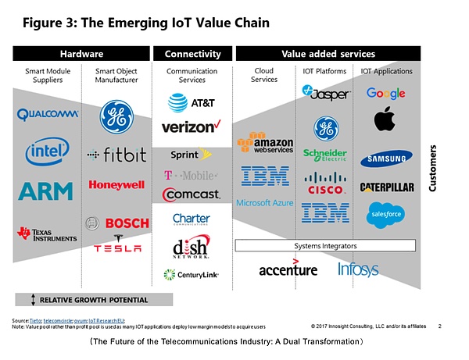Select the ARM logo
tap(46, 190)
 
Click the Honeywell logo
tap(116, 185)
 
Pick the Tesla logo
tap(117, 247)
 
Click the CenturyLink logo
tap(192, 274)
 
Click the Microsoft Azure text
tap(265, 202)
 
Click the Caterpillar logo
tap(385, 187)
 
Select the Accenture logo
tap(288, 269)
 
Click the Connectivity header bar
tap(192, 54)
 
